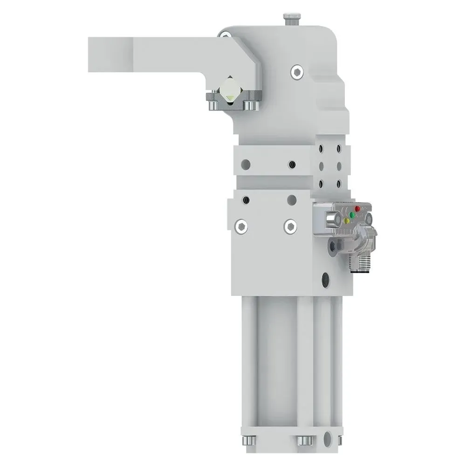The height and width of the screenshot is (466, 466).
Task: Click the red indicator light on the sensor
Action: [x=358, y=209]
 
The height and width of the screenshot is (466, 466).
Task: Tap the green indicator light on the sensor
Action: [x=352, y=215]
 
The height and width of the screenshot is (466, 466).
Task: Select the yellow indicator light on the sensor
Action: [x=346, y=221]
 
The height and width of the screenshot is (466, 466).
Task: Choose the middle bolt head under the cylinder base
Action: [x=303, y=440]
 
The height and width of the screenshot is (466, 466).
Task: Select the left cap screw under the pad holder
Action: [x=212, y=106]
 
